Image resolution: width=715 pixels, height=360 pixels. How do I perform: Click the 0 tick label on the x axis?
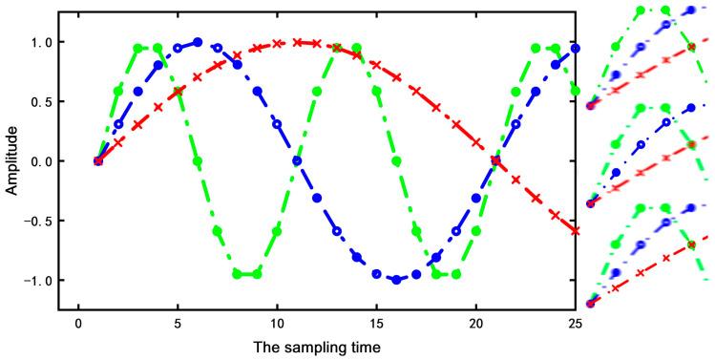click(77, 323)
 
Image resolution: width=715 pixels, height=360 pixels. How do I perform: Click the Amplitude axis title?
click(11, 160)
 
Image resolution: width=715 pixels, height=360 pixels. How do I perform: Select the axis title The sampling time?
click(326, 346)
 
